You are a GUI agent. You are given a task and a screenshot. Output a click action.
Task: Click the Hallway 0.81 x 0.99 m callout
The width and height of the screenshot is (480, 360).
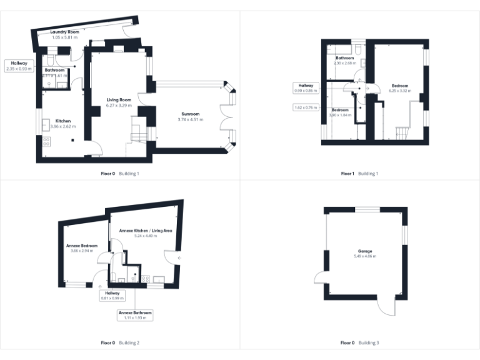[112, 296]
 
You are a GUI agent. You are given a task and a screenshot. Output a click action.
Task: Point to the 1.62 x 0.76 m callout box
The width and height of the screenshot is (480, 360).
[306, 107]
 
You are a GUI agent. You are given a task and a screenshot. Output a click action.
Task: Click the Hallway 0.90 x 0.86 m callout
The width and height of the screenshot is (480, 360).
[306, 88]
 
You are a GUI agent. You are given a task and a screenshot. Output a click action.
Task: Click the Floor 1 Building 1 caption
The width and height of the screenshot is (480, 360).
[359, 173]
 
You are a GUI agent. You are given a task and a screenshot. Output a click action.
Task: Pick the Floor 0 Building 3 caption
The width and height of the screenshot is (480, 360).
[359, 342]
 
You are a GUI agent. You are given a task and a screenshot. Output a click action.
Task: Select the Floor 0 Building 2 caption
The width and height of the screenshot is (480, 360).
[120, 342]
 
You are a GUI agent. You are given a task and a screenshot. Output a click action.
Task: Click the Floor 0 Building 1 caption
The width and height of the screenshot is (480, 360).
[120, 173]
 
